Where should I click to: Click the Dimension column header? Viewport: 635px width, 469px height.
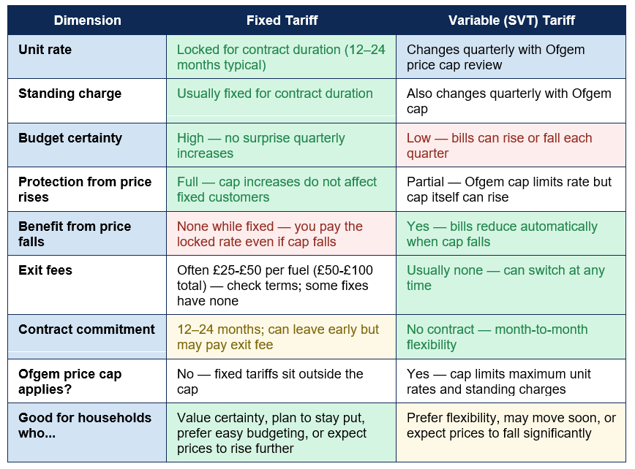click(88, 20)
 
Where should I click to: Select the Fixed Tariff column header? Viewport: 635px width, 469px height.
click(282, 20)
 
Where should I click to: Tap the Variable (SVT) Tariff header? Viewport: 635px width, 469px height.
click(511, 20)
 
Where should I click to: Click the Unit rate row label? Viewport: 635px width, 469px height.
click(45, 50)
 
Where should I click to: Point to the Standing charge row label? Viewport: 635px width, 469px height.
click(69, 94)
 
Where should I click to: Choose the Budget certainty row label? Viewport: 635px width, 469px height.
click(70, 138)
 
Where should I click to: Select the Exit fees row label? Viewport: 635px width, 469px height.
click(45, 270)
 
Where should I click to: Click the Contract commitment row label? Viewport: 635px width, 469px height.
click(86, 329)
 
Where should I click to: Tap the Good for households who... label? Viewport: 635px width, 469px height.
click(85, 425)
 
